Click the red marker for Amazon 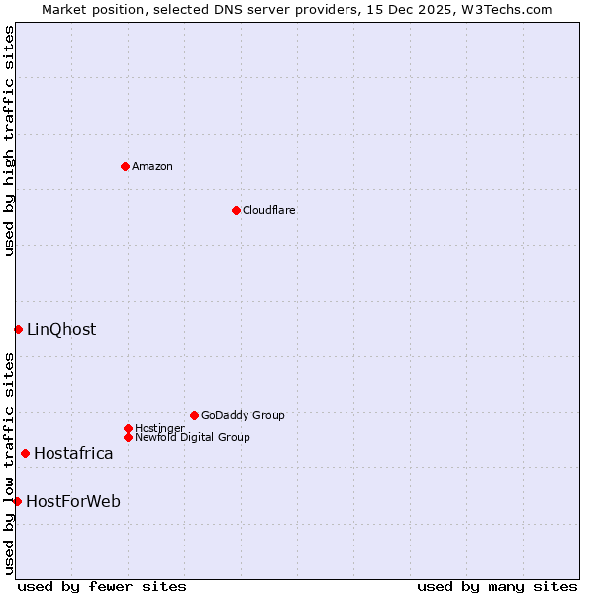(125, 166)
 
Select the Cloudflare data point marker (236, 210)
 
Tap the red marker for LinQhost (18, 329)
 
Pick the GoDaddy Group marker (194, 415)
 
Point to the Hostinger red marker (128, 428)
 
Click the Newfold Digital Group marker (128, 437)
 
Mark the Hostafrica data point (25, 453)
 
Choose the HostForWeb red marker (17, 501)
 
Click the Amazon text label (152, 166)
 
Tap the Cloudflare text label (269, 210)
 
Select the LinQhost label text (61, 329)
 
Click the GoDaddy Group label (243, 415)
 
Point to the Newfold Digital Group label (193, 437)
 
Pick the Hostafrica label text (73, 453)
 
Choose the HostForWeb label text (73, 501)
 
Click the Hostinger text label (159, 428)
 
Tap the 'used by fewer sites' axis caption (102, 586)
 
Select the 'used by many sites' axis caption (497, 586)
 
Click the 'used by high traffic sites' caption (9, 141)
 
